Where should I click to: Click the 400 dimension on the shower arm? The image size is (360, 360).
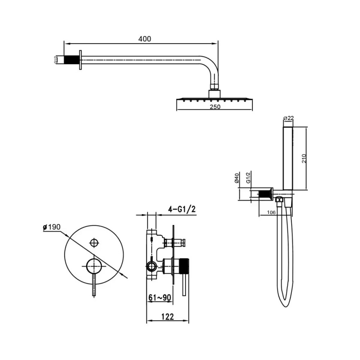(145, 39)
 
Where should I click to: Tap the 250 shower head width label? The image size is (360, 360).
(215, 107)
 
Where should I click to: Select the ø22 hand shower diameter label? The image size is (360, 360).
(289, 118)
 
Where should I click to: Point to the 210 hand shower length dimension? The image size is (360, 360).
(304, 158)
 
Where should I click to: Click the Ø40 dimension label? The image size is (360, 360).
(237, 178)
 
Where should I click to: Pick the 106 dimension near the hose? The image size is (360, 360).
(271, 213)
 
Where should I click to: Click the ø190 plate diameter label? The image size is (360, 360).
(51, 227)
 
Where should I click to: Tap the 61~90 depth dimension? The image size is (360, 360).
(160, 298)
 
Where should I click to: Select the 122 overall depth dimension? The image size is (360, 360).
(168, 316)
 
